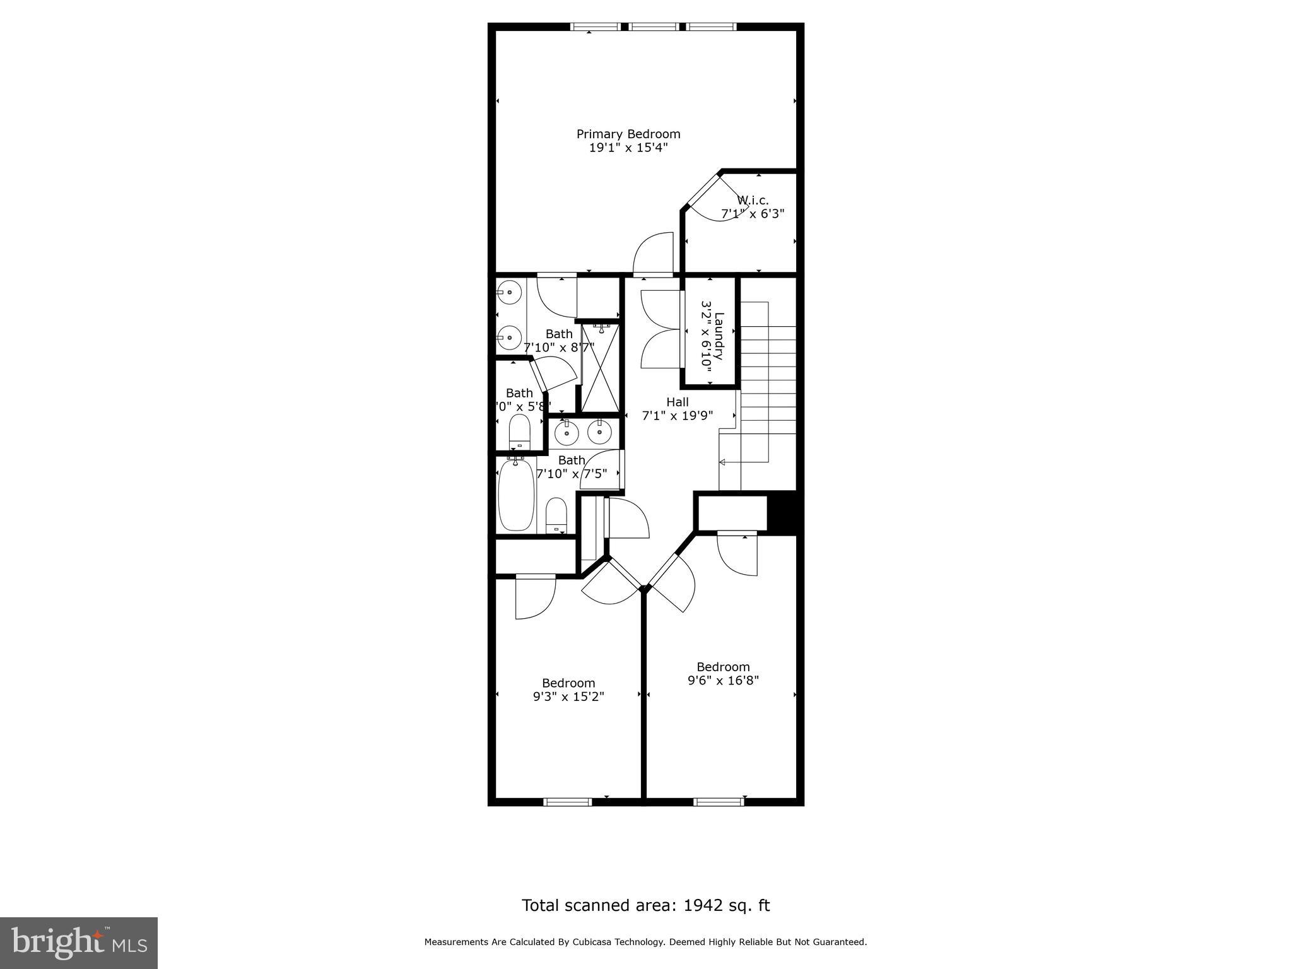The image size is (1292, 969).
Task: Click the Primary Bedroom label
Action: [628, 134]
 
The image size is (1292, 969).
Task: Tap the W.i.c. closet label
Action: [753, 201]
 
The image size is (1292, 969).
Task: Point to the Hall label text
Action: [678, 402]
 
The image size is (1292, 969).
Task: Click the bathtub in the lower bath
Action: [515, 496]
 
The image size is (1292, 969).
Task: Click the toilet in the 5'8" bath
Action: [520, 432]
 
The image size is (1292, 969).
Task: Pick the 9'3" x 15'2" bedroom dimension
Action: [568, 696]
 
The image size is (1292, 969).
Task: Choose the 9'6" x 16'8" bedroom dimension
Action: [723, 681]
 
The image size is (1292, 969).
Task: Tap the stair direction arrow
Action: [723, 462]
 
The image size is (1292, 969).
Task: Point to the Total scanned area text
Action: [645, 905]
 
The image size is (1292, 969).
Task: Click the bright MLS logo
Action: [79, 943]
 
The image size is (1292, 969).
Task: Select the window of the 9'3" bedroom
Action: [567, 802]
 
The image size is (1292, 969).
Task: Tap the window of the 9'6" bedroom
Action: [719, 802]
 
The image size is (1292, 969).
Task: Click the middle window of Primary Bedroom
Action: [654, 26]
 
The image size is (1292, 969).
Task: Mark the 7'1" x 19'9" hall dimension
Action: [678, 416]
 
